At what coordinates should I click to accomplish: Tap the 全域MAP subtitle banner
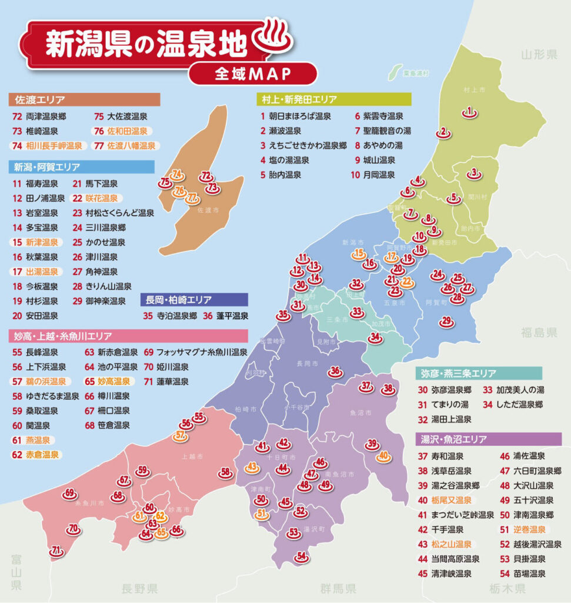253,74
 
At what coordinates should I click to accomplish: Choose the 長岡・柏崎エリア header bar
194,299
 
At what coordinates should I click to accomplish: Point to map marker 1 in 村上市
469,111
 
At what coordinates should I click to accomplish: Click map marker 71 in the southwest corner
56,552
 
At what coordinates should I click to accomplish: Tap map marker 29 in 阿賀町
446,321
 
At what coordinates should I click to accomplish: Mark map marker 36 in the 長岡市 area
335,372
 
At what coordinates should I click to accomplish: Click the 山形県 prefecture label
539,55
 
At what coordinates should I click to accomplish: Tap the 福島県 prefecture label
539,333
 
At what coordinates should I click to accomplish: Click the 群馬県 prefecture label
338,588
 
